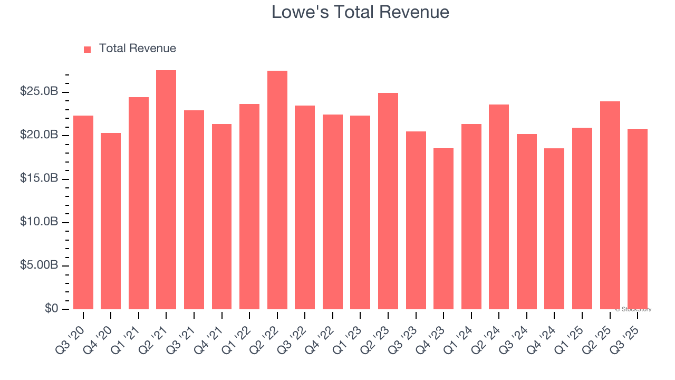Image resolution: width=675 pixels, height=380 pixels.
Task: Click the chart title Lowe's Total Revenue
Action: click(x=360, y=12)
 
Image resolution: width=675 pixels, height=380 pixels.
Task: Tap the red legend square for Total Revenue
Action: click(x=88, y=49)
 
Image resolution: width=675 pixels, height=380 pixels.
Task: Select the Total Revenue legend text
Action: click(x=137, y=49)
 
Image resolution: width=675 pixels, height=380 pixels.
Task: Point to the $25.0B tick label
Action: click(x=39, y=92)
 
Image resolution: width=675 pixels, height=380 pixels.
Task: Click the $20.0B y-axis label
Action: click(x=39, y=136)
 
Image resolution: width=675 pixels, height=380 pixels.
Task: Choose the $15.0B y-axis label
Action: click(x=39, y=179)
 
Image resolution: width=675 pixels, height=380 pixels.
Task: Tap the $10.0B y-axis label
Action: click(x=39, y=222)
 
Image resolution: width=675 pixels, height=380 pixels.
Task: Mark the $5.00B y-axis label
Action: click(x=39, y=265)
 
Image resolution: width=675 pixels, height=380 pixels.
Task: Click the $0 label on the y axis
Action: click(x=51, y=309)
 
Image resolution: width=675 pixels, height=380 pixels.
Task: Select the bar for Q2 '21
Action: click(x=166, y=190)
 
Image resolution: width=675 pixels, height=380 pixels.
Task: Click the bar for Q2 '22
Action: click(x=277, y=190)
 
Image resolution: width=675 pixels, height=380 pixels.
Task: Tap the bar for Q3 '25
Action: click(x=638, y=219)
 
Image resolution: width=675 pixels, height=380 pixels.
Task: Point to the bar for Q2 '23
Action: click(x=388, y=201)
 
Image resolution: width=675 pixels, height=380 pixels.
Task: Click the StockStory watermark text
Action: click(x=633, y=309)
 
